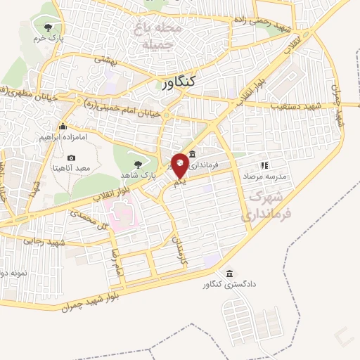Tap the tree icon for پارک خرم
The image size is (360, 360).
pos(48,27)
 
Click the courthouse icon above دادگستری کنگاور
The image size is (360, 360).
pos(229,273)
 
